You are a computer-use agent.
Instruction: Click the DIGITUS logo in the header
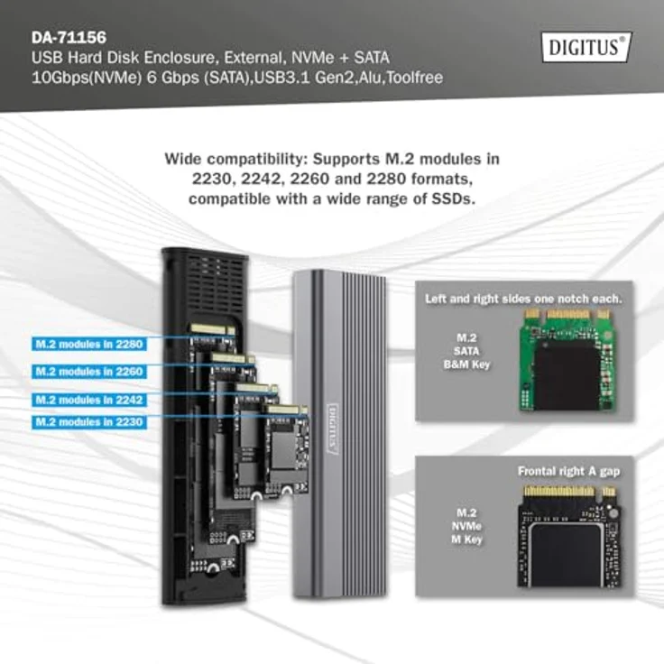pyautogui.click(x=586, y=47)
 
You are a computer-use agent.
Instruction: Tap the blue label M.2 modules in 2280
pyautogui.click(x=88, y=344)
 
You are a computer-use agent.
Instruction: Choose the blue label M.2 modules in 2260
pyautogui.click(x=88, y=371)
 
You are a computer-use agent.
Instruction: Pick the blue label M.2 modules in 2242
pyautogui.click(x=88, y=399)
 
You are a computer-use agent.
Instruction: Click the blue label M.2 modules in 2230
pyautogui.click(x=88, y=421)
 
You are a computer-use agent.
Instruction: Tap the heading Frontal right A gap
pyautogui.click(x=568, y=471)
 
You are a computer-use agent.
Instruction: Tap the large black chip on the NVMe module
pyautogui.click(x=566, y=552)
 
